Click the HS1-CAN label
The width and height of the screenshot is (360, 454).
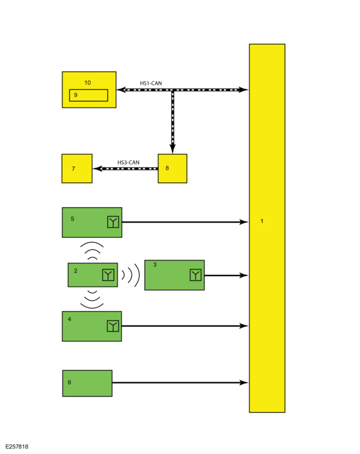click(151, 83)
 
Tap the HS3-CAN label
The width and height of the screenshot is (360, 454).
click(128, 162)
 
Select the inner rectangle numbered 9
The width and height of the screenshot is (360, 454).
click(89, 95)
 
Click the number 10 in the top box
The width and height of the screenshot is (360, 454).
click(88, 83)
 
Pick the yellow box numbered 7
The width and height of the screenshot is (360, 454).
click(77, 169)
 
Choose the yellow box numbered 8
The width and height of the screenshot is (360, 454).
click(172, 169)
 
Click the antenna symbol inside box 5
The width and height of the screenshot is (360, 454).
click(113, 222)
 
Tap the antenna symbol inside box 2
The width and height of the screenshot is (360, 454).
click(108, 275)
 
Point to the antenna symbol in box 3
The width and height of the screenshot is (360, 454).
click(196, 275)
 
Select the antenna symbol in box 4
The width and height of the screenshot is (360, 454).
click(113, 326)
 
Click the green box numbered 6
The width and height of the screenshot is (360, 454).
click(88, 384)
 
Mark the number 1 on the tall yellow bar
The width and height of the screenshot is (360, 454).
click(262, 221)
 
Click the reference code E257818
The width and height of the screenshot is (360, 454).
click(17, 446)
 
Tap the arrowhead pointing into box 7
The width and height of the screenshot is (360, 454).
click(97, 169)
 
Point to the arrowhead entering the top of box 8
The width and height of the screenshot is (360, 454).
click(172, 149)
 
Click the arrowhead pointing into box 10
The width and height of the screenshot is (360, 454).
click(121, 90)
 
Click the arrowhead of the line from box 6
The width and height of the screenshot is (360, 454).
click(244, 383)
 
